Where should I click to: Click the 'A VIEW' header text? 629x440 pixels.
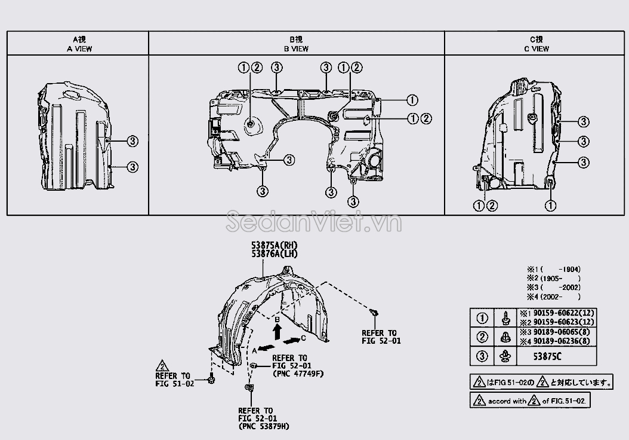[79, 49]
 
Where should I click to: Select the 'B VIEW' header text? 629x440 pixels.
[297, 49]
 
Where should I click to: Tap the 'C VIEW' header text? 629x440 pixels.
[536, 49]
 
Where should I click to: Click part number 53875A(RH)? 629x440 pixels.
[275, 245]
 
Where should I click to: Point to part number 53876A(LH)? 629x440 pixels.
[275, 254]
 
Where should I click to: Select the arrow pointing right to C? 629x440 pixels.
[292, 341]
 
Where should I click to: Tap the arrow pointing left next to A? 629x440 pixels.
[266, 347]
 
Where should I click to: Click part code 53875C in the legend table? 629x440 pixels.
[547, 356]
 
